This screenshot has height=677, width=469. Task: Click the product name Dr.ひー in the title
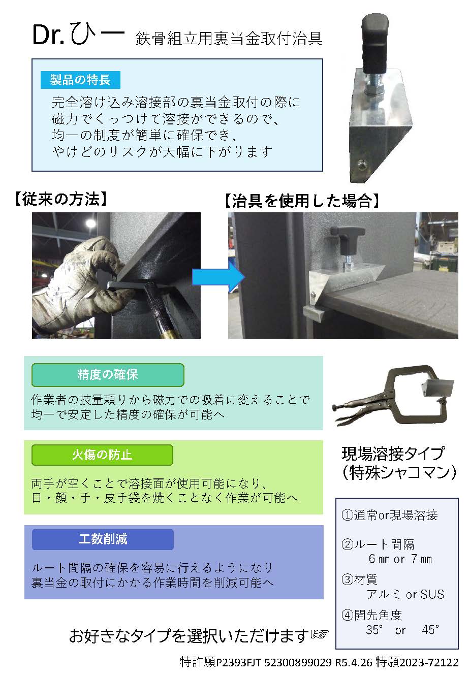78,34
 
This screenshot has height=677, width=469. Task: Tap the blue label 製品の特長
80,80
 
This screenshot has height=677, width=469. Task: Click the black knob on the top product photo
375,43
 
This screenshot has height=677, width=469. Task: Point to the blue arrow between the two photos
218,277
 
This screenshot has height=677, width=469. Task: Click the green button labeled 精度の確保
108,375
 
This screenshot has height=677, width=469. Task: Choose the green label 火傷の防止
102,455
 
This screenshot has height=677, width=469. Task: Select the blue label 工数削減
103,539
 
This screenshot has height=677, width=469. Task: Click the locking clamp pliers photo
393,396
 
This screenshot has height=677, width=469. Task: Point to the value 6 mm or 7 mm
400,559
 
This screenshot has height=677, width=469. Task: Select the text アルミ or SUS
405,594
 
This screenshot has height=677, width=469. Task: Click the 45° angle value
430,630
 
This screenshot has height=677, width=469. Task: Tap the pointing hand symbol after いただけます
320,634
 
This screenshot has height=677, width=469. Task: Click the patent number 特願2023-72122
417,662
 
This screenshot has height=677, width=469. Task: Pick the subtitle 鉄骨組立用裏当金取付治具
229,39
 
